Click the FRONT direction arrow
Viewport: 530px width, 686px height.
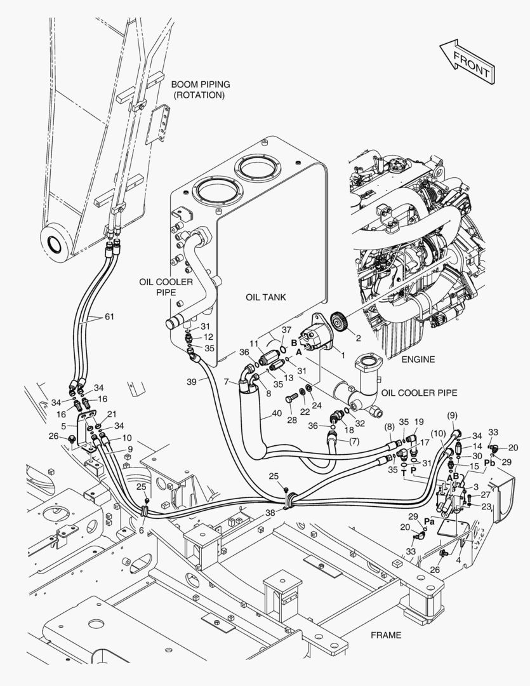[x=467, y=62]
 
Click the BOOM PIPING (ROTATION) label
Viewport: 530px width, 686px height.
[x=201, y=90]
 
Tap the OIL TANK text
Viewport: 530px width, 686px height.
[x=266, y=297]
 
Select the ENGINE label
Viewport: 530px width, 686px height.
[x=418, y=359]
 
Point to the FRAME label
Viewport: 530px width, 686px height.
[x=386, y=635]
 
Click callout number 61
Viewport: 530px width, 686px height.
[x=109, y=316]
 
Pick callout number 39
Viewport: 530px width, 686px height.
[x=192, y=382]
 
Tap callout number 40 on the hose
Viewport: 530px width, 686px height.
[x=277, y=413]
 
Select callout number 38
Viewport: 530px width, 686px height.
[x=270, y=513]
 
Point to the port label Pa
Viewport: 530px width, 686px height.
[x=429, y=521]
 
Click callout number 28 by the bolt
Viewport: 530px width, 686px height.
[x=292, y=420]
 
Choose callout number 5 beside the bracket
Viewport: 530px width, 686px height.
[x=64, y=426]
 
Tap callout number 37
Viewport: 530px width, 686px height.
[x=286, y=330]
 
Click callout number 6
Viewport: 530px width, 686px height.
[x=142, y=530]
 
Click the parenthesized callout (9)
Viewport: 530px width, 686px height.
[x=452, y=414]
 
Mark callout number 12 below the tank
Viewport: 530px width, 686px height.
[x=208, y=337]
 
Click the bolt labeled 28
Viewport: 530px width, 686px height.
[x=291, y=398]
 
